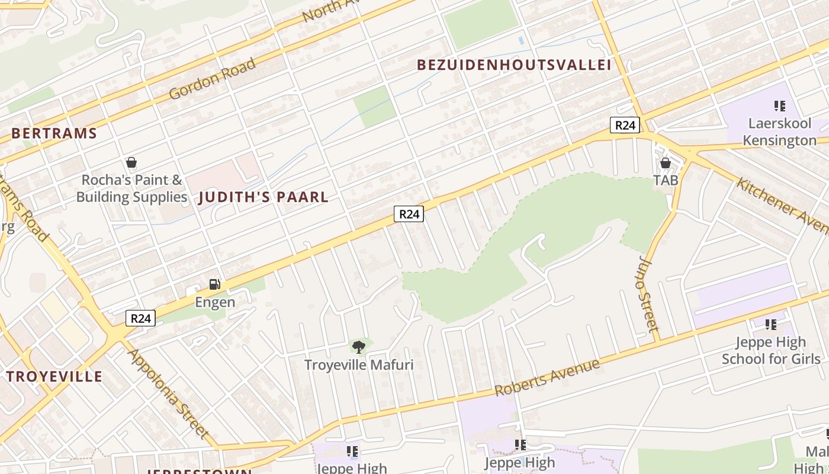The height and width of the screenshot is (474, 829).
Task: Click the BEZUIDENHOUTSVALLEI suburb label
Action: (x=514, y=65)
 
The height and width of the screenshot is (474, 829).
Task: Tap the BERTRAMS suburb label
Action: (x=54, y=133)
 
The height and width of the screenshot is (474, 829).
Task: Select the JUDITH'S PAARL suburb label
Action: (x=264, y=197)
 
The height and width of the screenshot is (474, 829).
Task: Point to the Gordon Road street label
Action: (x=212, y=79)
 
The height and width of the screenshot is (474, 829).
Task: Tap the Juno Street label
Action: (x=650, y=294)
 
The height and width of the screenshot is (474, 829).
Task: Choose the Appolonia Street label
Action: (x=168, y=393)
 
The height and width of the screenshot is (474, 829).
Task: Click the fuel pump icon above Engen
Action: (x=215, y=284)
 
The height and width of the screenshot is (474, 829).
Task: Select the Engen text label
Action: (x=215, y=302)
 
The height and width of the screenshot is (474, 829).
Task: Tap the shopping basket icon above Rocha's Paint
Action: (x=131, y=162)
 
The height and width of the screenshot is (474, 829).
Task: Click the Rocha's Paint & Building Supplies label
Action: (x=131, y=188)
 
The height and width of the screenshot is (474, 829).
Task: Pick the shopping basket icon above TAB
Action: (x=665, y=163)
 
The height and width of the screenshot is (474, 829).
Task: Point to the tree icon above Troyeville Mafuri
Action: (x=358, y=347)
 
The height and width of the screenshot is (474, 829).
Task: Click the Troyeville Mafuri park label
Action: (x=359, y=364)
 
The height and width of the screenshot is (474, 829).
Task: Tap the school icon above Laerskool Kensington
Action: (x=779, y=106)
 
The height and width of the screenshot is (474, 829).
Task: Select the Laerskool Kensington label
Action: (x=779, y=132)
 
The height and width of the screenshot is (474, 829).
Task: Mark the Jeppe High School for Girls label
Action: (x=771, y=350)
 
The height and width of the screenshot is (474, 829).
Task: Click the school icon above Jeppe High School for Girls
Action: (x=771, y=324)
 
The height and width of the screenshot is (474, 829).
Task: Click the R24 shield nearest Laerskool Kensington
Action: (x=625, y=125)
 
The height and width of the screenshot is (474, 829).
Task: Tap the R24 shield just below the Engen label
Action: (x=141, y=319)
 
